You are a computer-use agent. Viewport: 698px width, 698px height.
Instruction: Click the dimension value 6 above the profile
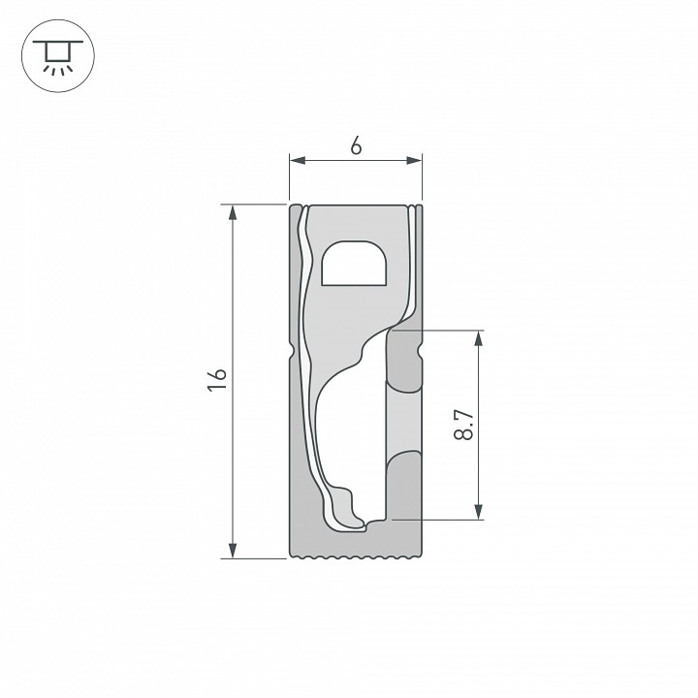click(356, 146)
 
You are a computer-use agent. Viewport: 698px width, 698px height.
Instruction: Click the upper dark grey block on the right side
click(405, 360)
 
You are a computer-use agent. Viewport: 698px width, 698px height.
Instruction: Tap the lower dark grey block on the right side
click(405, 490)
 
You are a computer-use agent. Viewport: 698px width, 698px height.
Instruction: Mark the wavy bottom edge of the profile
click(357, 557)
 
